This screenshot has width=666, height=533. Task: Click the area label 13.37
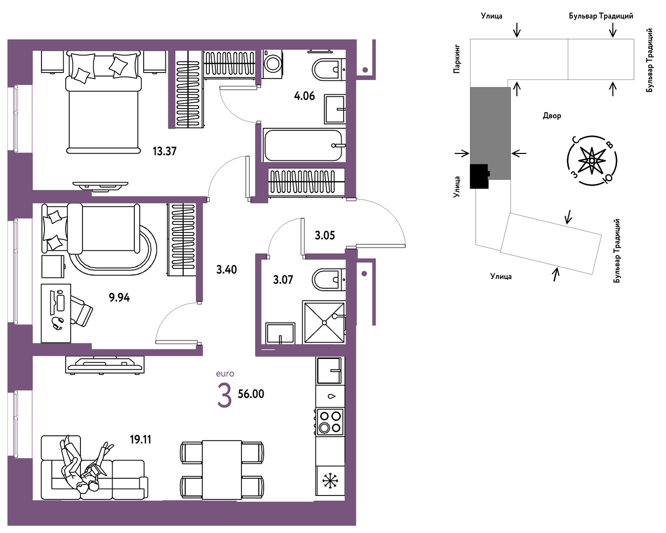164,152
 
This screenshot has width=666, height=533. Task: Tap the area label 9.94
119,298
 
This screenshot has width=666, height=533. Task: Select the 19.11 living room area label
141,439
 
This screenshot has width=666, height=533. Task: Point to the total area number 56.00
251,394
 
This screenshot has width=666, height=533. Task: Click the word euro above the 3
225,374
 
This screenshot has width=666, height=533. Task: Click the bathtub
304,146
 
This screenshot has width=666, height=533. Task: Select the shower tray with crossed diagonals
324,322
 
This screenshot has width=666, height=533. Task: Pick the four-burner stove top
330,422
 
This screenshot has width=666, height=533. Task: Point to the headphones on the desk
58,323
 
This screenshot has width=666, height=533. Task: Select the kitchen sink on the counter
329,370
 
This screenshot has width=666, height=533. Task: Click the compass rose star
592,160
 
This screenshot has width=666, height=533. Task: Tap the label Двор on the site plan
552,116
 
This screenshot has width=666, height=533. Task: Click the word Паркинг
457,59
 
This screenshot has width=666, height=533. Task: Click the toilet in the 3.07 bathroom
328,280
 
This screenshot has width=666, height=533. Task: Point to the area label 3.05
325,236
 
